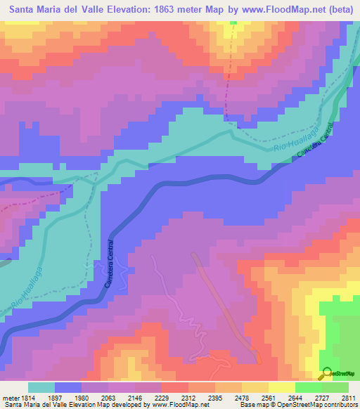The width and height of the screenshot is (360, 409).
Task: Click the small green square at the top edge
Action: (233, 22)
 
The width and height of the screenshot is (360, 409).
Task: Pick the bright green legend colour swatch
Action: (309, 387)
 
